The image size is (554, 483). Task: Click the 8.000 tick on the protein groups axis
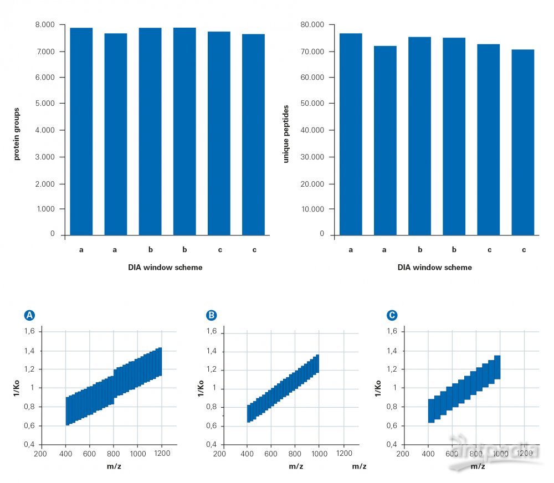tap(45, 25)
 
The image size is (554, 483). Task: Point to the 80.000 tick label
tap(312, 25)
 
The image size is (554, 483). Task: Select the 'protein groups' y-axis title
tap(17, 134)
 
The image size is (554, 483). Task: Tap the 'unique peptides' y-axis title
tap(286, 134)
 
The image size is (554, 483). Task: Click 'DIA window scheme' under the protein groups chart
tap(165, 268)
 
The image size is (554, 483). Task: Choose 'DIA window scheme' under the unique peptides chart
tap(434, 268)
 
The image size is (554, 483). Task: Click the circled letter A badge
tap(29, 315)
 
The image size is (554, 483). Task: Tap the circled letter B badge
tap(211, 315)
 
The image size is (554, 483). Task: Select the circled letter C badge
tap(392, 315)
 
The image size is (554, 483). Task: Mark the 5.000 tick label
tap(45, 104)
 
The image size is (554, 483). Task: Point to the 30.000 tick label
tap(312, 157)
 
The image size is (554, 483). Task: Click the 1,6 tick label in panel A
tap(29, 331)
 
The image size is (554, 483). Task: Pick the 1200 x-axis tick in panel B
tap(344, 453)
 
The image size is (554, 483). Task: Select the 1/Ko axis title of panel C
tap(378, 388)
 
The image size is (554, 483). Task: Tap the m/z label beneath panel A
tap(114, 466)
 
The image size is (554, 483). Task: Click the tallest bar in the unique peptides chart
tap(351, 134)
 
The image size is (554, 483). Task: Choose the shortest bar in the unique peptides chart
tap(523, 142)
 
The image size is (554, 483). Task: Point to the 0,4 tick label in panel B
tap(211, 444)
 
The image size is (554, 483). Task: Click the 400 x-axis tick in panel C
tap(428, 453)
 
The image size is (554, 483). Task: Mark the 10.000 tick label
tap(312, 209)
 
